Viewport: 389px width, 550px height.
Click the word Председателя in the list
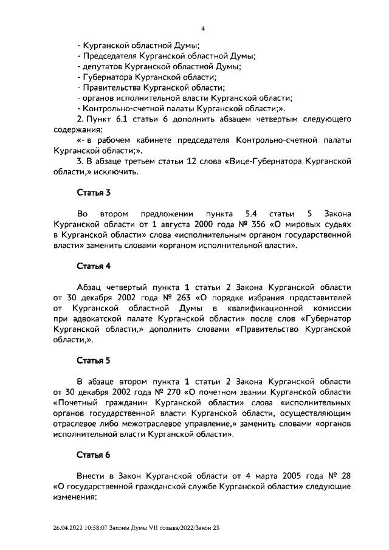(107, 55)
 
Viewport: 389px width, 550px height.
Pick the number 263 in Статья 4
(179, 298)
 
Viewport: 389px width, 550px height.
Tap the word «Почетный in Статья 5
(76, 403)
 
